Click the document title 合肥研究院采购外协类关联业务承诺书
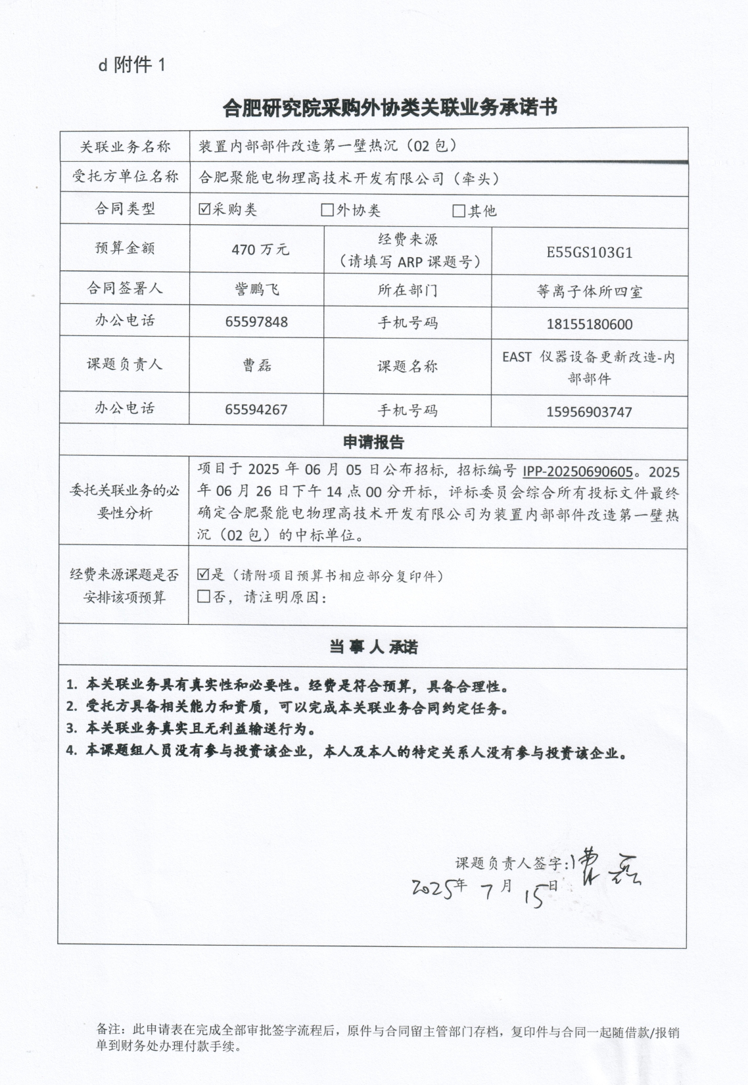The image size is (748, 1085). click(390, 107)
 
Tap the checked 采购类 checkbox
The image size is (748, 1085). click(204, 210)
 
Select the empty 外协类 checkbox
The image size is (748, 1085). click(327, 210)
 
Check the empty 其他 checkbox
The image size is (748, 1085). click(459, 211)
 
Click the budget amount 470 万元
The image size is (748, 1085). click(260, 250)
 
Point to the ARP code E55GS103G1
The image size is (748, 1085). click(589, 253)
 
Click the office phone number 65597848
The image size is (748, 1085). click(256, 322)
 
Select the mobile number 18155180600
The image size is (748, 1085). click(589, 324)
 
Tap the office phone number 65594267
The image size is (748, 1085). click(256, 410)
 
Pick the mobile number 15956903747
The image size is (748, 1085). click(589, 412)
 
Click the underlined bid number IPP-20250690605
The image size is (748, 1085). click(578, 471)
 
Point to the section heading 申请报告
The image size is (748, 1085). click(373, 443)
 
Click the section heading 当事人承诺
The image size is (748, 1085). click(373, 647)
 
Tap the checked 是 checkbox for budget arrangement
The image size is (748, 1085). click(204, 575)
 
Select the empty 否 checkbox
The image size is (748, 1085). click(204, 596)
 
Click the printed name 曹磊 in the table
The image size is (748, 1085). click(257, 366)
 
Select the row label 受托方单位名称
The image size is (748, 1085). click(125, 177)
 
